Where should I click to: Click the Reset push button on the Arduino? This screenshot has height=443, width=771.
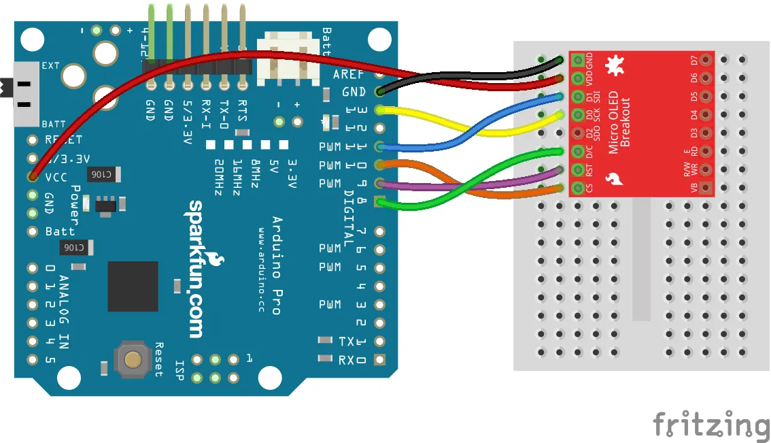[132, 359]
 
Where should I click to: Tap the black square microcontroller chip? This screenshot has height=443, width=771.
[133, 286]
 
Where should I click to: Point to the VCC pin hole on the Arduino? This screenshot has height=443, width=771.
[32, 176]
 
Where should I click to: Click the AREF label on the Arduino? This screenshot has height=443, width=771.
[349, 74]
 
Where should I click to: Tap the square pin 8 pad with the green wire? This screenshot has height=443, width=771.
[379, 201]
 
